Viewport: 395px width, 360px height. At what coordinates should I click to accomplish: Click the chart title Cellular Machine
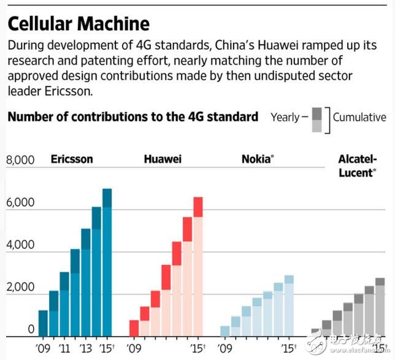[78, 23]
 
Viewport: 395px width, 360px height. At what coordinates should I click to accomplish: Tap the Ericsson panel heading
[72, 159]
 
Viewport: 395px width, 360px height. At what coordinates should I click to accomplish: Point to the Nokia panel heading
[257, 159]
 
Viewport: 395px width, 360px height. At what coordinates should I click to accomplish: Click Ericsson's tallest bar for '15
[107, 264]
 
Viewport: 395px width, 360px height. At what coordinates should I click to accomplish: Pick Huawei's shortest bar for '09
[134, 328]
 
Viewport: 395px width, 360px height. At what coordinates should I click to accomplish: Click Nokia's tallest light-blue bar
[288, 305]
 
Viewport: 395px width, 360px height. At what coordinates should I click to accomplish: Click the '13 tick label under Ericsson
[85, 348]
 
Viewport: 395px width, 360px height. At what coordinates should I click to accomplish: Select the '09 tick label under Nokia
[225, 348]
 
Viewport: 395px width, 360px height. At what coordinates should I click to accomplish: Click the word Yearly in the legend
[285, 117]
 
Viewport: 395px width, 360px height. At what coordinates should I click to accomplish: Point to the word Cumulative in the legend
[359, 117]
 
